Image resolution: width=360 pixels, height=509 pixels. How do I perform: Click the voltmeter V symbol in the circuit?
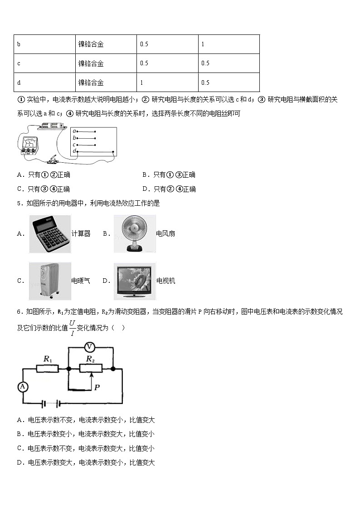(90, 347)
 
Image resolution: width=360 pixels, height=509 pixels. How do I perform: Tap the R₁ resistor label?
(48, 359)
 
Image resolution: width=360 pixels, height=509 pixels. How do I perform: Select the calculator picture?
(50, 234)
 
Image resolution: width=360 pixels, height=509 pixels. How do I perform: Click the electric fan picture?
(135, 234)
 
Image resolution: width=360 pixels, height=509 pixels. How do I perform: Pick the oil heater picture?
(50, 281)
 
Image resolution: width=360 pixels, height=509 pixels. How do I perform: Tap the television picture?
(135, 281)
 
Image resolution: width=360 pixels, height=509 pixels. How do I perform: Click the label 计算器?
(81, 234)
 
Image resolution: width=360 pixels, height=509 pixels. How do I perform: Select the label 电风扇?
(165, 234)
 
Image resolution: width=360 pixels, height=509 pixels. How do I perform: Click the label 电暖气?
(81, 281)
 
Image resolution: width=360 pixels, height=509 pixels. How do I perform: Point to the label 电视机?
(165, 281)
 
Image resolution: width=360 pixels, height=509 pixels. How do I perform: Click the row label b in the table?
(19, 44)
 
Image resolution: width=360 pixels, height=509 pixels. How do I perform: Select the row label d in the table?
(19, 82)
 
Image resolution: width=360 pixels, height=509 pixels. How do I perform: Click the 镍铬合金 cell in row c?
(91, 63)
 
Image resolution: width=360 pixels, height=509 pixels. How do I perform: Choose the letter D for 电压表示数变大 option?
(20, 463)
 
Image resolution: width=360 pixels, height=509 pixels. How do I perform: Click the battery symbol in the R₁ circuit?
(51, 403)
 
